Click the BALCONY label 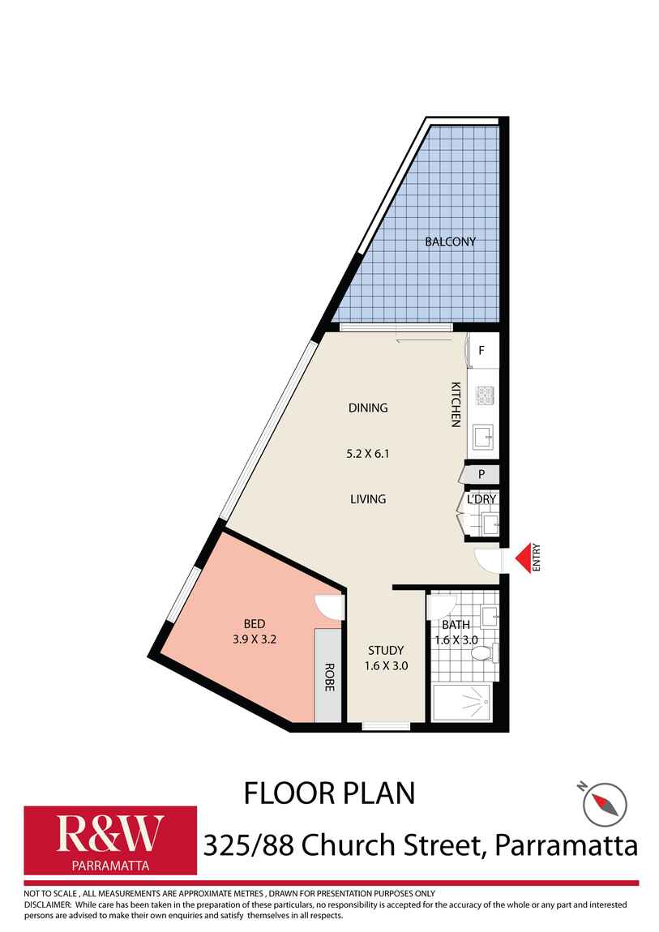(451, 242)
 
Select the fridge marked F (482, 351)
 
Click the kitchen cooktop (483, 395)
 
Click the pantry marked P (481, 474)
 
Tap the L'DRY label (481, 499)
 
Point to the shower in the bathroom (461, 702)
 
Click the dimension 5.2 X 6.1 (367, 454)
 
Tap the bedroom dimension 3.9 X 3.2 (255, 638)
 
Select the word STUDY (386, 650)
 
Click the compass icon (604, 802)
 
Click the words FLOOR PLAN (329, 793)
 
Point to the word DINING (368, 408)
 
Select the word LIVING (368, 499)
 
